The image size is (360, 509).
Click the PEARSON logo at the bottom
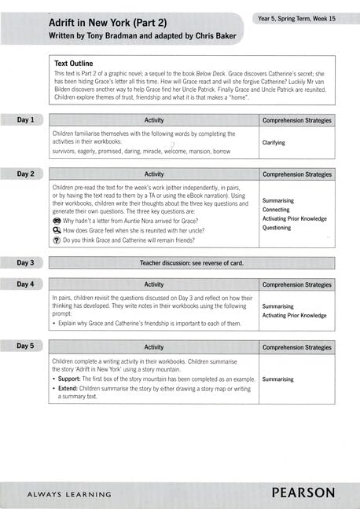coord(303,493)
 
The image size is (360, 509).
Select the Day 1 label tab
coord(26,120)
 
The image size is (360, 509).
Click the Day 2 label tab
coord(26,174)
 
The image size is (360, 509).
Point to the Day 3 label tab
coord(26,262)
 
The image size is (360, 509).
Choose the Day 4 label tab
coord(26,284)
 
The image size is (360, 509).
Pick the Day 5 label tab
coord(26,346)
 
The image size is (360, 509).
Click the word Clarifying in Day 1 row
coord(274,143)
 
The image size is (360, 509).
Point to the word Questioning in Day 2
coord(277,228)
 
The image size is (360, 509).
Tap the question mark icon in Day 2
coord(57,241)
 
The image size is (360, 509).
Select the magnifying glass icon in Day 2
coord(57,232)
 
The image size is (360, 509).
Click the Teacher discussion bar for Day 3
coord(192,262)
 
